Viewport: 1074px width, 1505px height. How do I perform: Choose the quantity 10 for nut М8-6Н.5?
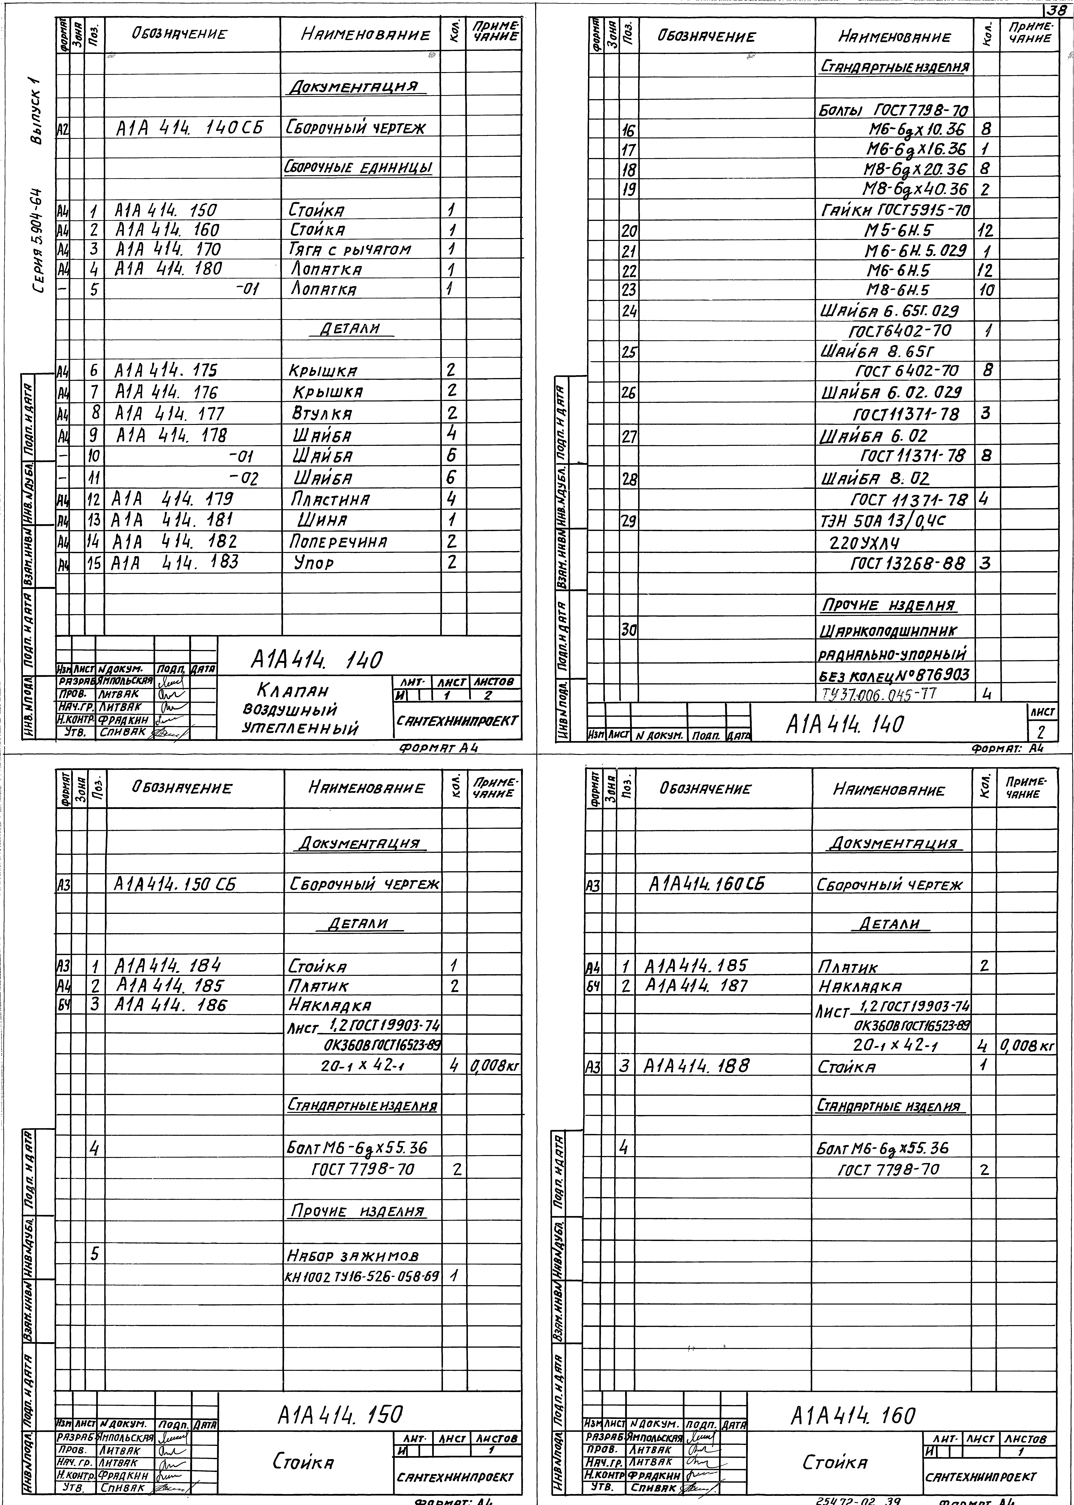[x=985, y=290]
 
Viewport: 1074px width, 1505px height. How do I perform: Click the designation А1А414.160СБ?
[x=706, y=884]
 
